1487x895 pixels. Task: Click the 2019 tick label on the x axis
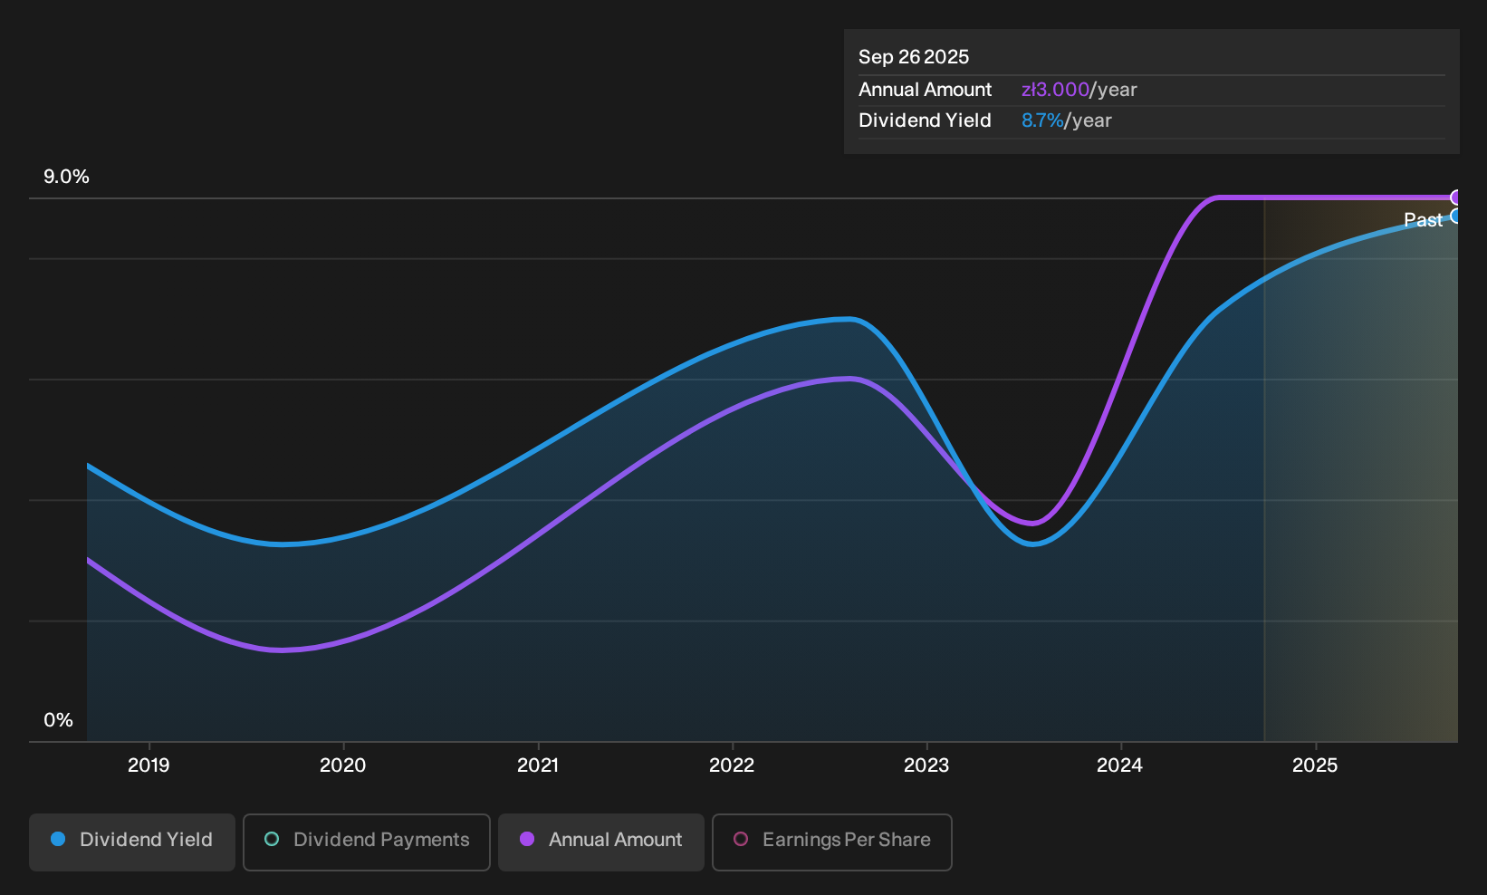[149, 765]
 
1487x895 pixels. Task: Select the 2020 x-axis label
[342, 765]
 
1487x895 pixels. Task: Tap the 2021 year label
[538, 765]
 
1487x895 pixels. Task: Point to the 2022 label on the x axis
[732, 765]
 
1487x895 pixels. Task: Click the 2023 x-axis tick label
[926, 765]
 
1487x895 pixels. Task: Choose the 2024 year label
[1120, 765]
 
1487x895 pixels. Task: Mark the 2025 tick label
[1315, 765]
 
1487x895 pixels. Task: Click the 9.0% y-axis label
[66, 177]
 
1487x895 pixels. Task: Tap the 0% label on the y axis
[59, 720]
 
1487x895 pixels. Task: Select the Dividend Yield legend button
[132, 842]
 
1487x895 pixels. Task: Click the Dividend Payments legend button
[367, 842]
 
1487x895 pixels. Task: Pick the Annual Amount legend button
[600, 842]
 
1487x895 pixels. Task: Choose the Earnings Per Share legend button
[831, 842]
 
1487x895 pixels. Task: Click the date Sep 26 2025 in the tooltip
[914, 57]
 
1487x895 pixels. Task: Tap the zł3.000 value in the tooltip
[1056, 90]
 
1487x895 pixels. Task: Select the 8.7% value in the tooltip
[1042, 120]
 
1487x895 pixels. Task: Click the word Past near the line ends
[1424, 220]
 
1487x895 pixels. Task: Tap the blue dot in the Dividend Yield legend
[59, 839]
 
